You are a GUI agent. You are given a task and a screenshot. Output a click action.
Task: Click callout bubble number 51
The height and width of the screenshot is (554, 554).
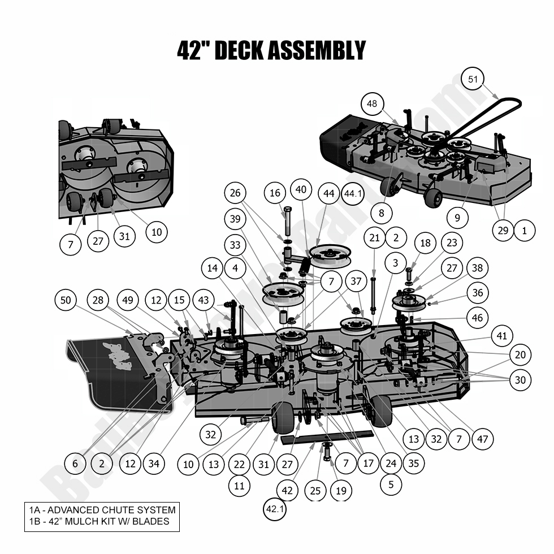(473, 80)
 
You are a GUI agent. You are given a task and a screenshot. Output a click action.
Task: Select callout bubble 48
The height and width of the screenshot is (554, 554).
(372, 103)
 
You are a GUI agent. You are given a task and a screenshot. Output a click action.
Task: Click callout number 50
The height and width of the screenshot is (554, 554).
(66, 301)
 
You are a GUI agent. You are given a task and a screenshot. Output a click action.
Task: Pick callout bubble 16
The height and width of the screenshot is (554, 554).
(275, 193)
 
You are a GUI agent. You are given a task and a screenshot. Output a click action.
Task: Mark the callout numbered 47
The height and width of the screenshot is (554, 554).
(482, 439)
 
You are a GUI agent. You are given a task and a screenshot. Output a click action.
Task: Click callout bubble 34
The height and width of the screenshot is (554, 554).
(153, 464)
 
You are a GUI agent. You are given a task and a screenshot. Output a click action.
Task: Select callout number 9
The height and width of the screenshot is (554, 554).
(457, 216)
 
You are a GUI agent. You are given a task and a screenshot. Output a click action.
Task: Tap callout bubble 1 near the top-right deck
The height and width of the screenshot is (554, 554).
(524, 230)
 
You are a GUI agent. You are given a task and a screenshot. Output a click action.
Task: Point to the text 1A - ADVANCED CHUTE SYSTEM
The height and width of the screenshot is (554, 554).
(102, 510)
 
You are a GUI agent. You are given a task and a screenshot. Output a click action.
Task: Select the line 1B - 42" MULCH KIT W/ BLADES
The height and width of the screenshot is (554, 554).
(99, 521)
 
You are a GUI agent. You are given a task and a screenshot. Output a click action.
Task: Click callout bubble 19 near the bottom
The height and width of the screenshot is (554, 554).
(340, 490)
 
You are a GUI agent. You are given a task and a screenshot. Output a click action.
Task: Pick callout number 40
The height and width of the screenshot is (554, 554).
(301, 190)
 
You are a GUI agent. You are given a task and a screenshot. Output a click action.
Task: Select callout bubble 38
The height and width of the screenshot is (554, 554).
(478, 268)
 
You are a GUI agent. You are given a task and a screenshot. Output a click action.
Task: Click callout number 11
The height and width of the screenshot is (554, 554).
(239, 484)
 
